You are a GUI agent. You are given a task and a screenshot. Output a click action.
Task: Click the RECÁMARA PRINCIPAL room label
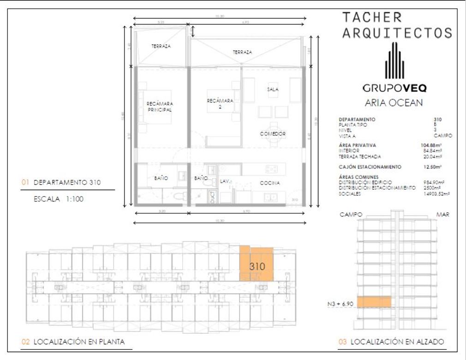pos(159,107)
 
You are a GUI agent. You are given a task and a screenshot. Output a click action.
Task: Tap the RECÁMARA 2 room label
pos(220,103)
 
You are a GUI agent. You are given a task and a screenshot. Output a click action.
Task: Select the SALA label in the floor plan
pos(272,90)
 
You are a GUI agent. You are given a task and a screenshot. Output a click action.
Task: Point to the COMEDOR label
pos(272,134)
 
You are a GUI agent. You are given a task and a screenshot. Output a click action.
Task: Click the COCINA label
pos(270,183)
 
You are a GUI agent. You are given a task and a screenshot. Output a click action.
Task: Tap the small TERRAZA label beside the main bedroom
pos(161,47)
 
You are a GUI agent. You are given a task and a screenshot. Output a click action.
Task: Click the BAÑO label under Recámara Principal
pos(161,178)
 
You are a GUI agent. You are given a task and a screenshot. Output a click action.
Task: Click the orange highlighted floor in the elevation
pos(374,302)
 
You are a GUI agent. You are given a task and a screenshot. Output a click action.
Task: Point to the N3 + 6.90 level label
pos(340,304)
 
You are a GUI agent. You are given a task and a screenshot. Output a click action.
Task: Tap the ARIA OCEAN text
pos(394,103)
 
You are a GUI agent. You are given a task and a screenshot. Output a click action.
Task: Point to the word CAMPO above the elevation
pos(351,215)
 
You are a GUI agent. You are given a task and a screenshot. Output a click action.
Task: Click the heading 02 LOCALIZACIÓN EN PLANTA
pos(74,342)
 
